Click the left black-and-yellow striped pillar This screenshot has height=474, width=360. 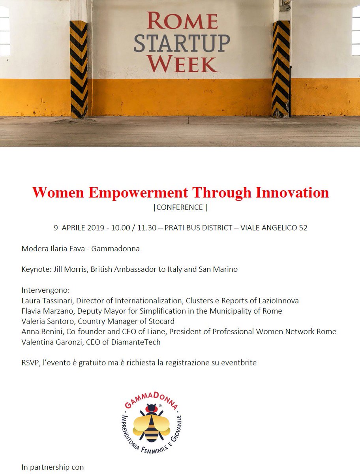(x=79, y=69)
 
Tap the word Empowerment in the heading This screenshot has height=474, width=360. (x=138, y=193)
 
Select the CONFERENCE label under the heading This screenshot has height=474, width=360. (x=180, y=207)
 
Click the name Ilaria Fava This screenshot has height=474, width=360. (x=64, y=249)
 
